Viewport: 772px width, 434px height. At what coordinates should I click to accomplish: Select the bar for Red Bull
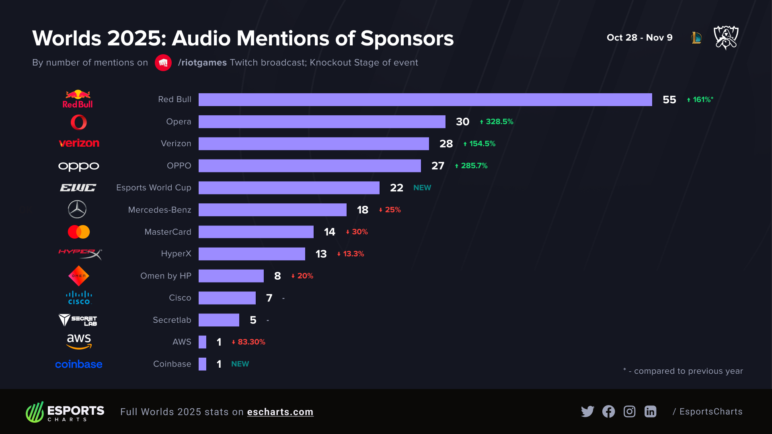point(425,100)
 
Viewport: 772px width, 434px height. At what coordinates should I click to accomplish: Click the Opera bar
point(322,122)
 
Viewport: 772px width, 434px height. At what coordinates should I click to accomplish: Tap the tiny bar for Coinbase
point(202,364)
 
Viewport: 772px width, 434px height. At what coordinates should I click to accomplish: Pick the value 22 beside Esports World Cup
point(396,188)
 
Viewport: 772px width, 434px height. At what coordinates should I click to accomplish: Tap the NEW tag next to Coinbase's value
point(240,364)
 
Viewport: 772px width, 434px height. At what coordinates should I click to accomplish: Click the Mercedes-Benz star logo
point(77,209)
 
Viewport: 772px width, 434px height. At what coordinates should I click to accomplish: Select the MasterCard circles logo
point(79,232)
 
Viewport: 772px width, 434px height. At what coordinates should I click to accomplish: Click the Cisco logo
point(79,298)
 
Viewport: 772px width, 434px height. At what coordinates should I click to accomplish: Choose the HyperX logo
point(80,254)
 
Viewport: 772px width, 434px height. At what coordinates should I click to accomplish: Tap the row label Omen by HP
point(166,276)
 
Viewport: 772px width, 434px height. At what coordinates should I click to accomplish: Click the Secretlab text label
point(172,320)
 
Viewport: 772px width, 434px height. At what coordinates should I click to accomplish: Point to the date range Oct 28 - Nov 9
point(639,38)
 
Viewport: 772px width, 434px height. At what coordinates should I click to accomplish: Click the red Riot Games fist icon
point(163,63)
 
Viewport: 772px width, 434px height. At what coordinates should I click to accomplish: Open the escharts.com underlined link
point(280,412)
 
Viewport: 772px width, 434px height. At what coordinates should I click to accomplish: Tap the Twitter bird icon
point(587,411)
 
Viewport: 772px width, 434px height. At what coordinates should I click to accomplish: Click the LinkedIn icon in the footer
point(650,411)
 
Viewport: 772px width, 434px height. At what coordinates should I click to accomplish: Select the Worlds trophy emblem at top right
point(726,37)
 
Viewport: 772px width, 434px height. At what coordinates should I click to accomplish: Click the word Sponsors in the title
point(407,39)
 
